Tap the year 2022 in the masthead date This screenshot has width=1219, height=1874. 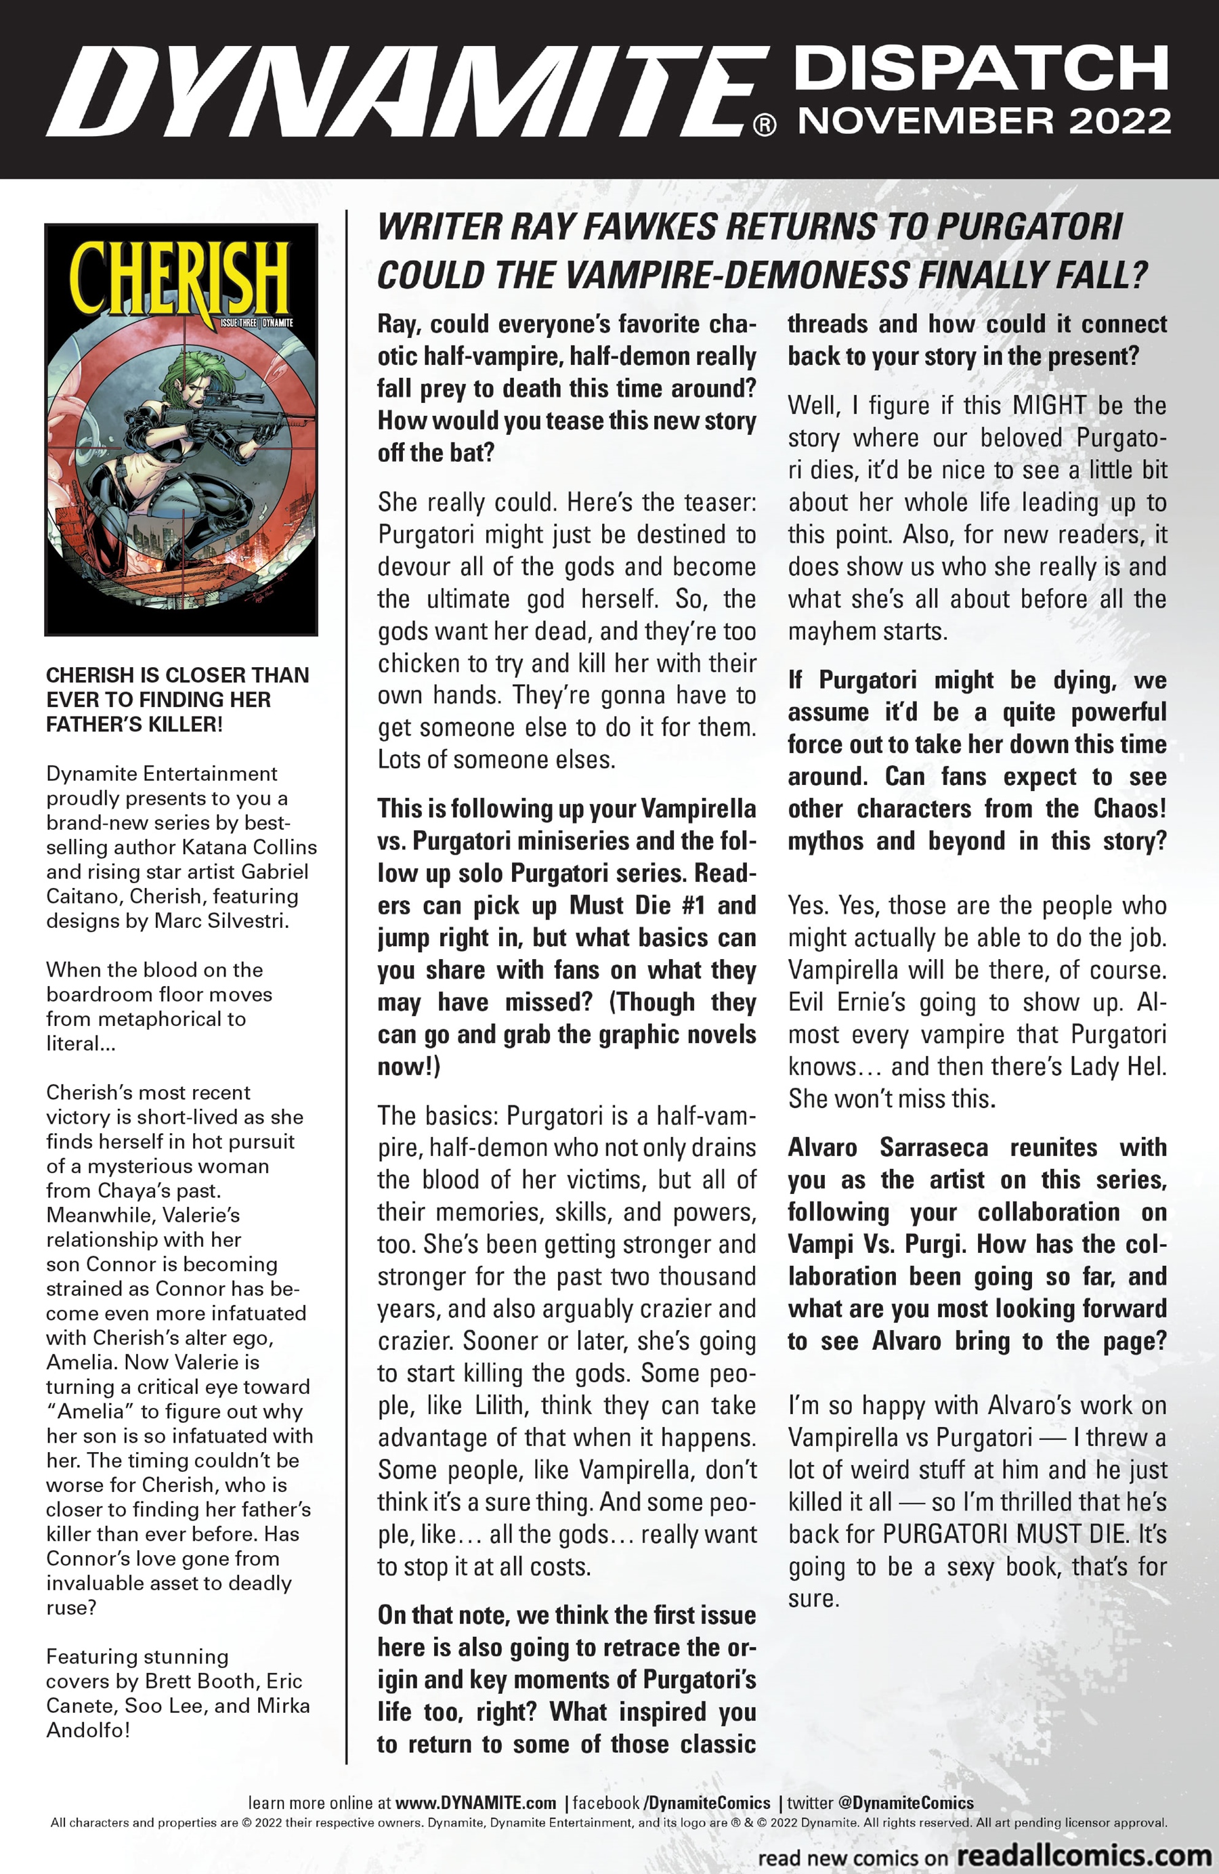click(1119, 121)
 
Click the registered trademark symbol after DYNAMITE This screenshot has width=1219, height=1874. click(765, 125)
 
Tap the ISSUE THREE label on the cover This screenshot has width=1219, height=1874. click(238, 323)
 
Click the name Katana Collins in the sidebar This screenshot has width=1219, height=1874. click(249, 847)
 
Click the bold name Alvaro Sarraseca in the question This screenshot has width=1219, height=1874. click(887, 1147)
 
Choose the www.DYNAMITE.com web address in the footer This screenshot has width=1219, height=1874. click(475, 1803)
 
